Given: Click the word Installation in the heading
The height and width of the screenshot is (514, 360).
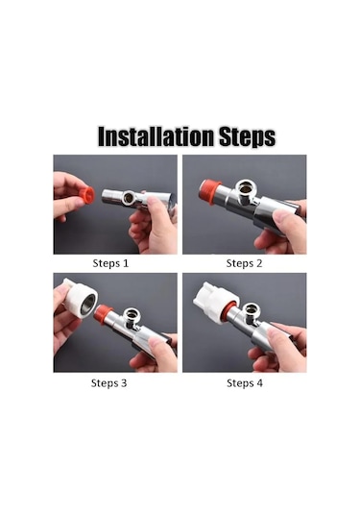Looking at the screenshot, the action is point(156,136).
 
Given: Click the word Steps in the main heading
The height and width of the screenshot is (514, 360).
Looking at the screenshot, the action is point(247,136).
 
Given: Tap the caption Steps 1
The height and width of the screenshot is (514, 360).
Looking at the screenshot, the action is point(110,263).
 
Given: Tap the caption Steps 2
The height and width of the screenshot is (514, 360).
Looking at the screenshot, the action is point(245,263).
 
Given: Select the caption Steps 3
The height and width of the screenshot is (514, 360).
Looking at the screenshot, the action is point(108,383).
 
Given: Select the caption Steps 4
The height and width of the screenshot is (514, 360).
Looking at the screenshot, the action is point(245,383).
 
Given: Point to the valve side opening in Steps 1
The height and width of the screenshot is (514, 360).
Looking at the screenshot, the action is point(128,197).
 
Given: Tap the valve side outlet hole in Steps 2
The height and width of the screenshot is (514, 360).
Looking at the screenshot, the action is point(245,188).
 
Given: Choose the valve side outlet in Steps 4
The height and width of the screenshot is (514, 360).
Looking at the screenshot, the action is point(252,309).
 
